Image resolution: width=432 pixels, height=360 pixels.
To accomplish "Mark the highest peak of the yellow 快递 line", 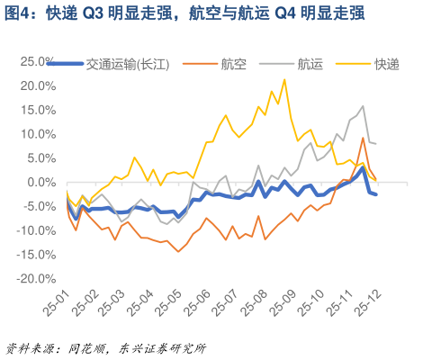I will (285, 79).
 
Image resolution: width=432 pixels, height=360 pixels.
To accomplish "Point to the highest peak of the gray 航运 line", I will (363, 106).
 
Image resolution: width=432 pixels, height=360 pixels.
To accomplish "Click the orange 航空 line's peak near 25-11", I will (363, 138).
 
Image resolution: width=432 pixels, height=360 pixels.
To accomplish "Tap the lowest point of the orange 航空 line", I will (178, 251).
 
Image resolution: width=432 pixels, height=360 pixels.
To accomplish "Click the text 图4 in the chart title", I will (19, 15).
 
